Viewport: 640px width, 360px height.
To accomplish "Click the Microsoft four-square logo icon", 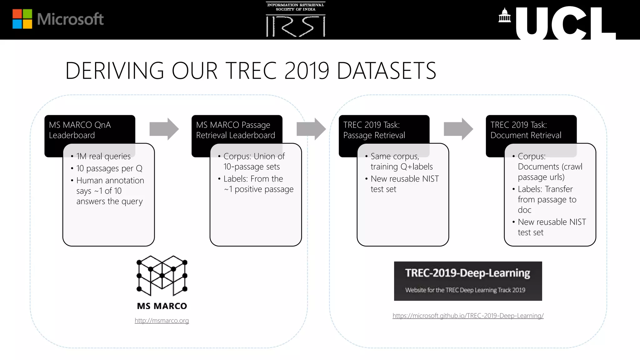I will (x=22, y=19).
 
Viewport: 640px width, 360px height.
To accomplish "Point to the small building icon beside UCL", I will (x=504, y=15).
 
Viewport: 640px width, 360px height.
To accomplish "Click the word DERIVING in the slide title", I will (x=114, y=71).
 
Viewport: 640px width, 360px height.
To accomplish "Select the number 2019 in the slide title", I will (x=307, y=71).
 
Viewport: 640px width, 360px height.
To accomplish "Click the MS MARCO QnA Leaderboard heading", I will (x=80, y=130).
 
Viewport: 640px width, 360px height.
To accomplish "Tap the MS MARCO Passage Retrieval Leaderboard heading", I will (x=235, y=130).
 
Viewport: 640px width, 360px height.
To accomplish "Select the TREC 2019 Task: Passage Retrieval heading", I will (x=374, y=130).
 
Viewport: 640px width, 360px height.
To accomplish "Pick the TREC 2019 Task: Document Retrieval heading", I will (x=526, y=130).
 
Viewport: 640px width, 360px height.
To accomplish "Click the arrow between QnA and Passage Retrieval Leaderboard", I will (x=164, y=129).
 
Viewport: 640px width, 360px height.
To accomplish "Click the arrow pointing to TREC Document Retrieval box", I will (x=458, y=129).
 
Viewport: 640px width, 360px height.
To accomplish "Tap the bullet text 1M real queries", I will (x=103, y=156).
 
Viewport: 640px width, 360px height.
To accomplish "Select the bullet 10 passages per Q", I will (x=109, y=168).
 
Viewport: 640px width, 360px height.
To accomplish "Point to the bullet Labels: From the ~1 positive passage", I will (x=258, y=184).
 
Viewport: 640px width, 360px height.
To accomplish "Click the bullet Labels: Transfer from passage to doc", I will (x=547, y=199).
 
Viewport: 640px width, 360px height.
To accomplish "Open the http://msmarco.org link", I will (x=162, y=321).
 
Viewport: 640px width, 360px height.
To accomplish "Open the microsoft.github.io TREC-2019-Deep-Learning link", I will (x=468, y=316).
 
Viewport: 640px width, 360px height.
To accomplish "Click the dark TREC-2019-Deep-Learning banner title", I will (x=467, y=273).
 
